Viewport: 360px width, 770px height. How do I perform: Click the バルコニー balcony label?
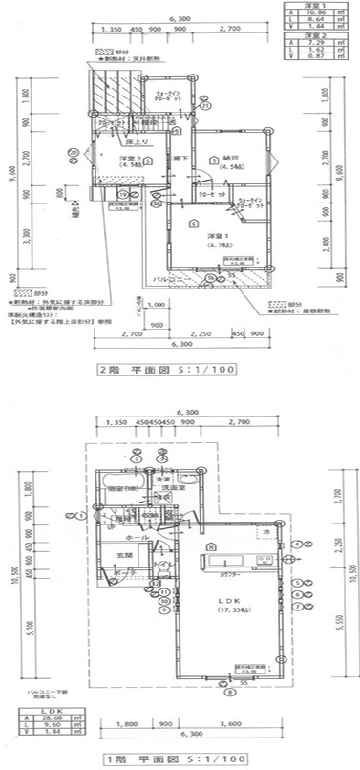click(171, 279)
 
